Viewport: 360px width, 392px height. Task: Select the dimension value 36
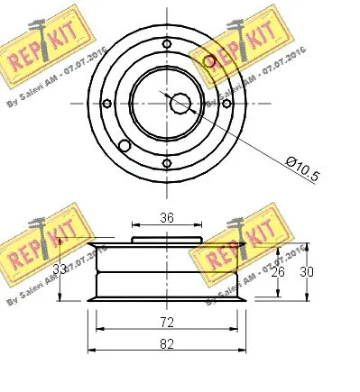166,217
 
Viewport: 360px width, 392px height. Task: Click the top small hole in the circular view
167,43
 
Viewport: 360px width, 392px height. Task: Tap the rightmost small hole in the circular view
226,104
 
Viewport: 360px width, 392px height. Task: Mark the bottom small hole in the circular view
167,163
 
